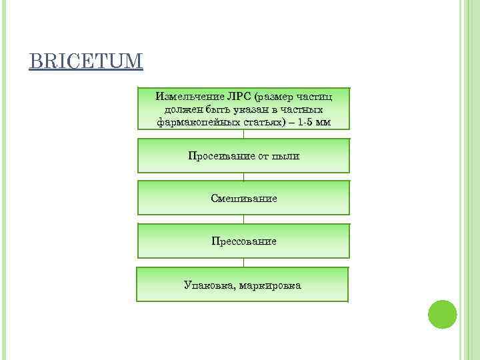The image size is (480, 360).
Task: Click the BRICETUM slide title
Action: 86,62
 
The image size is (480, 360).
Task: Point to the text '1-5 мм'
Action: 313,122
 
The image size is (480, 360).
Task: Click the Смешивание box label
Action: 243,199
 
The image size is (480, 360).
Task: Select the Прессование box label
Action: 243,241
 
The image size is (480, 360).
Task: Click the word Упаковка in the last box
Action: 205,285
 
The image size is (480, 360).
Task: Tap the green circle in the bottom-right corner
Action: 442,314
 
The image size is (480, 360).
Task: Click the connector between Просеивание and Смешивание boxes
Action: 243,177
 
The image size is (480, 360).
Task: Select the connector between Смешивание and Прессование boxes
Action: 243,219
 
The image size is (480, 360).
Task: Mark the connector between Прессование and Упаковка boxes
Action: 243,263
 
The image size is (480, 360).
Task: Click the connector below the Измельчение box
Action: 243,133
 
